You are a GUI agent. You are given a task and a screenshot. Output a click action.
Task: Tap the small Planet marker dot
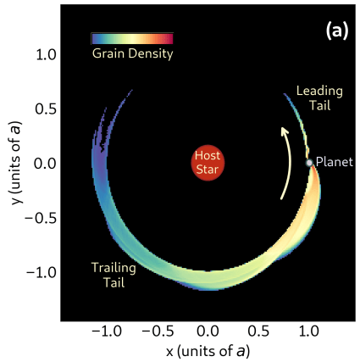pyautogui.click(x=309, y=163)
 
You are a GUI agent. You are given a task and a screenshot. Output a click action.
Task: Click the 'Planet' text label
pyautogui.click(x=334, y=162)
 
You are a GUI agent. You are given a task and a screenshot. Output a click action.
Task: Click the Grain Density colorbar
pyautogui.click(x=132, y=38)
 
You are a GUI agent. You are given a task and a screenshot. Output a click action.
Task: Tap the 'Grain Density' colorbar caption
pyautogui.click(x=132, y=54)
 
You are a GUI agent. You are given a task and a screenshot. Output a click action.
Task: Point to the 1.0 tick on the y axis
pyautogui.click(x=44, y=54)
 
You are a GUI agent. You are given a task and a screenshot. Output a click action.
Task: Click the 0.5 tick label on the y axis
pyautogui.click(x=44, y=109)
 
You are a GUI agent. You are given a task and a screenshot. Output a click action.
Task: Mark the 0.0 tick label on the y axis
pyautogui.click(x=44, y=163)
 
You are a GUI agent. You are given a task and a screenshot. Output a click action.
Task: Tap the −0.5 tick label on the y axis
pyautogui.click(x=40, y=217)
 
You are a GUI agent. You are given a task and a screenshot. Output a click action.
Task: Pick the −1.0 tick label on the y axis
pyautogui.click(x=40, y=271)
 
